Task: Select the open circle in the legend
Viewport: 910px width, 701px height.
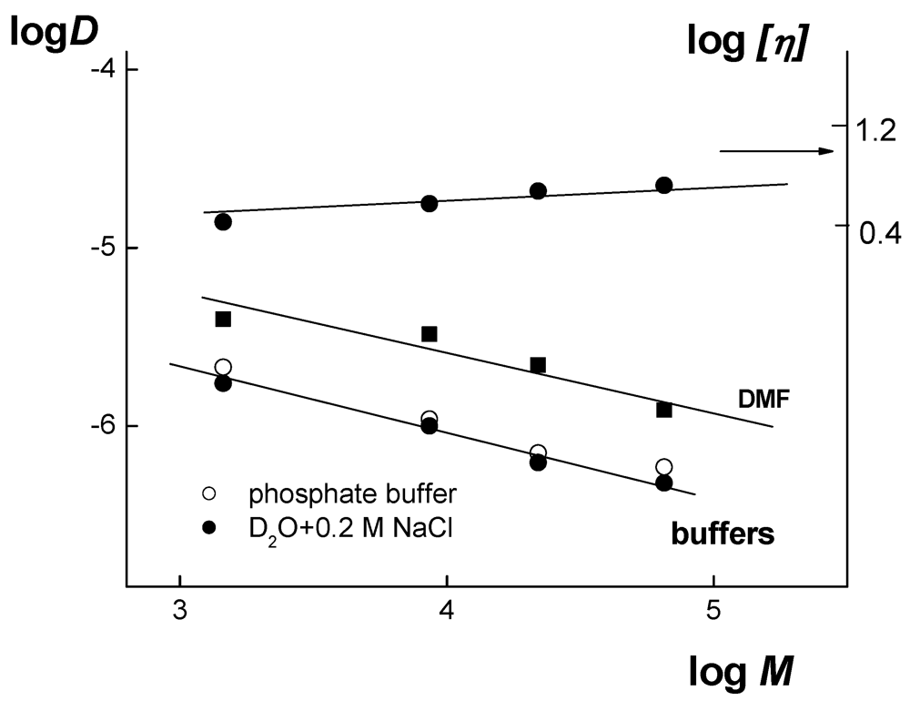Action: [x=209, y=494]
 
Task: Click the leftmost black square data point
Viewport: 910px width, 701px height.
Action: [x=223, y=319]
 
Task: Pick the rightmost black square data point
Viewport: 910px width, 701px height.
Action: [x=664, y=410]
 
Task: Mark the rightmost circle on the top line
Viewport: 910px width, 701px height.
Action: [x=664, y=186]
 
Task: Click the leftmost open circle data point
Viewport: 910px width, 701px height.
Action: [x=223, y=367]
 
